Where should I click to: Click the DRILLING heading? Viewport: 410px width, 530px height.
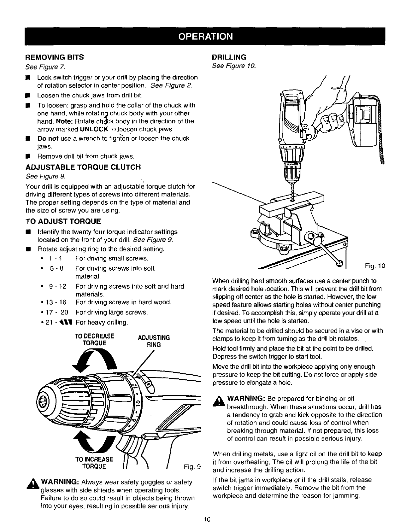point(229,57)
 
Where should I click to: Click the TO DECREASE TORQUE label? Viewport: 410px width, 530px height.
point(94,339)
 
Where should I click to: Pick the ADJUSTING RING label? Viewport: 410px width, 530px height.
point(154,341)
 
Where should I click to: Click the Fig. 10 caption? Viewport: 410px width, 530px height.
point(374,266)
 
